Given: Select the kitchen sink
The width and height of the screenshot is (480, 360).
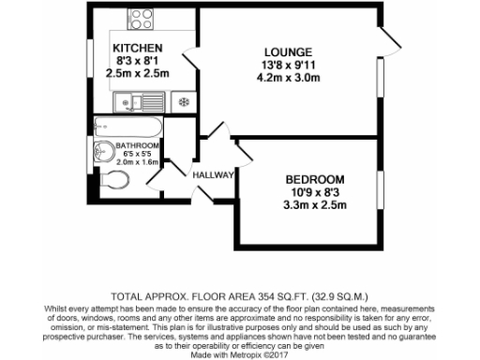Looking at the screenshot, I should (139, 100).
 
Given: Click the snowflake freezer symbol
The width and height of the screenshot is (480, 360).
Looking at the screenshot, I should (184, 100).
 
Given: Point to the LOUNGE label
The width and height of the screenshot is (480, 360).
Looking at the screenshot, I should (291, 52).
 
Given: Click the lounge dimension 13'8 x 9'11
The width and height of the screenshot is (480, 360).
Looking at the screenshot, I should (291, 65).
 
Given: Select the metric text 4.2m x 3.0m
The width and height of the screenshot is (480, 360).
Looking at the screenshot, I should (291, 79).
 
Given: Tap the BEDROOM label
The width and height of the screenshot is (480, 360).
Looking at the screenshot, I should (314, 180).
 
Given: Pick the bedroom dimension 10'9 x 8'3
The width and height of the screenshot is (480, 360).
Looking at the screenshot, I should (314, 193).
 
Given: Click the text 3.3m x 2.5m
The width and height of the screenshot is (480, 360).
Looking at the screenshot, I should (314, 207).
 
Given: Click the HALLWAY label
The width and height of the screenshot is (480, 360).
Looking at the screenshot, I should (212, 175).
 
